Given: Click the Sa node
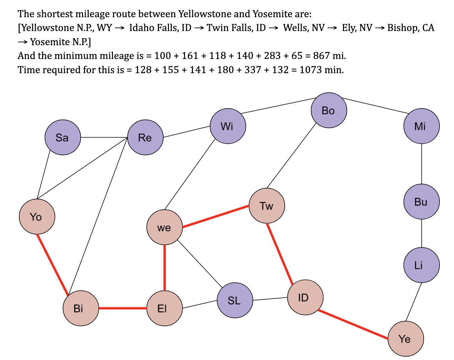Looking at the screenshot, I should coord(63,137).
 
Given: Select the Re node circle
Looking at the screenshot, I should coord(145,137).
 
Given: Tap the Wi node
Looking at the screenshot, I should coord(228,126).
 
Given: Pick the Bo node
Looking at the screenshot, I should coord(329,110).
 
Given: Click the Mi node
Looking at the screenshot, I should coord(422,126).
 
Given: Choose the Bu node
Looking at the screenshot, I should coord(422,202).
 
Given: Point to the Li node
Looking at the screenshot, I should coord(422,265).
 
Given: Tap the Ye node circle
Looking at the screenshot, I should coord(406,338).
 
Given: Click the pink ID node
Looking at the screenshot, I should coord(305,297).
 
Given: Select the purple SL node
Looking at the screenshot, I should coord(235,300).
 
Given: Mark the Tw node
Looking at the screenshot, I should coord(267,206).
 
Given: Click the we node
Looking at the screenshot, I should coord(165,227).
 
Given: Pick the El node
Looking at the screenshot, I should coord(165,308).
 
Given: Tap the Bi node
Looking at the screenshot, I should coord(81,308).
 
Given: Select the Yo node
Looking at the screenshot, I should coord(37,216).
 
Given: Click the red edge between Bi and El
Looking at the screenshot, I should coord(123,308).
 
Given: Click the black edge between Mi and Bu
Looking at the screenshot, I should coord(422,164).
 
